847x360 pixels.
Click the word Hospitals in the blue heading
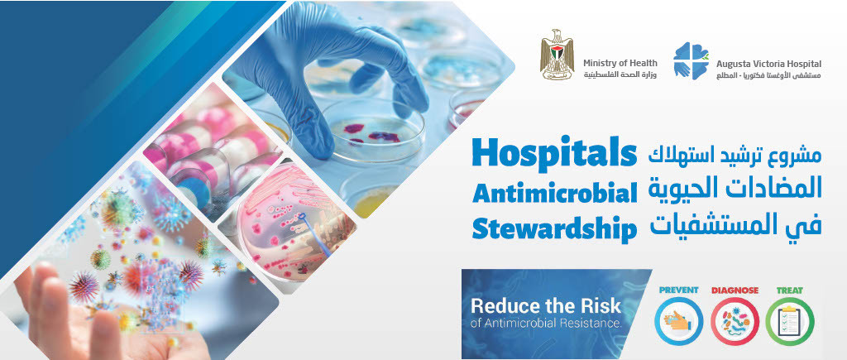pyautogui.click(x=554, y=154)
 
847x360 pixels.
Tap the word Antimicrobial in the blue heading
pyautogui.click(x=554, y=193)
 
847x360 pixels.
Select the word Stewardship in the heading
pyautogui.click(x=554, y=228)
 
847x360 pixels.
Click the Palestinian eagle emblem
pyautogui.click(x=557, y=56)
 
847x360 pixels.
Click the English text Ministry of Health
pyautogui.click(x=620, y=63)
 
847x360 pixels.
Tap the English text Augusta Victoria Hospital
pyautogui.click(x=769, y=63)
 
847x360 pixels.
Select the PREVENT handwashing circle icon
pyautogui.click(x=678, y=321)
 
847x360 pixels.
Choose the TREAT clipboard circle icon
pyautogui.click(x=789, y=321)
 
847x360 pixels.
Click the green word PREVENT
pyautogui.click(x=678, y=290)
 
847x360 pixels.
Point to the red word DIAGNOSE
pyautogui.click(x=735, y=290)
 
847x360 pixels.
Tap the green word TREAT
pyautogui.click(x=789, y=290)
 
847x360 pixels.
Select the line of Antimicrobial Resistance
pyautogui.click(x=545, y=323)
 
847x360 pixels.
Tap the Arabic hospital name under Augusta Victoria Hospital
pyautogui.click(x=769, y=75)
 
